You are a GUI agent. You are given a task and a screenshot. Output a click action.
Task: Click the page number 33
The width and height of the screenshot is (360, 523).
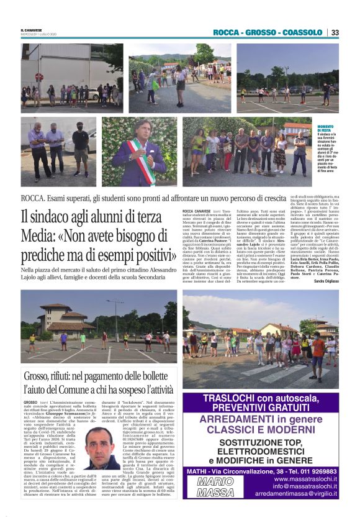(x=335, y=32)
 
